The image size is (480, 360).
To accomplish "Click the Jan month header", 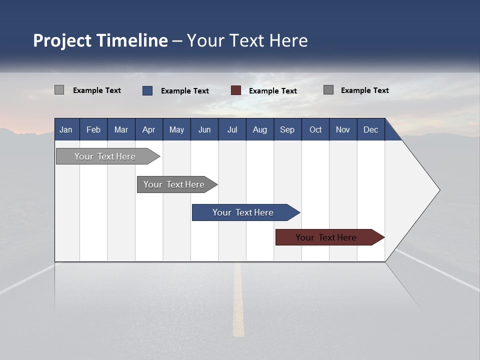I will pos(66,129).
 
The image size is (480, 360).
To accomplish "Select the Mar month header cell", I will pos(121,129).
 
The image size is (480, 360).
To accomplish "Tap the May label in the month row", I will pos(176,129).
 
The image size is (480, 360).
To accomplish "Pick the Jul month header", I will pos(232,129).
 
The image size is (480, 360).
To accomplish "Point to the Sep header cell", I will pos(287,129).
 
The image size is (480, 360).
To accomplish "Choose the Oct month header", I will pos(315,129).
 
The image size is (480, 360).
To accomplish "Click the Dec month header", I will pos(370,129).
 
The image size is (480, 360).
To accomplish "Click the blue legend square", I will pos(147,90).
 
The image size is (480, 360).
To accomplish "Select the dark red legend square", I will pos(236,90).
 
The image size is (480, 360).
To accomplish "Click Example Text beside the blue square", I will pos(185,91).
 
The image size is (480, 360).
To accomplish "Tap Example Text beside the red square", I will pos(273,91).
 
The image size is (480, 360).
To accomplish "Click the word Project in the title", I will pos(62,40).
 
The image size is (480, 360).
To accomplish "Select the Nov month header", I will pos(343,129).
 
